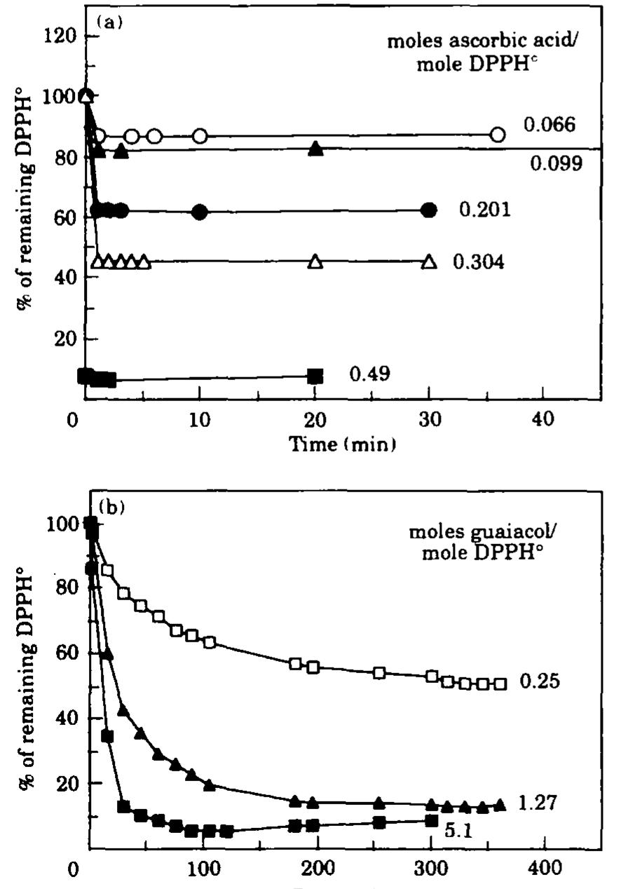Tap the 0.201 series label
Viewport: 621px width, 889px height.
pyautogui.click(x=485, y=210)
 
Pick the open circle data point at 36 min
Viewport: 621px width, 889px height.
pyautogui.click(x=498, y=135)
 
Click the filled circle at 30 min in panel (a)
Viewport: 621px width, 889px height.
pyautogui.click(x=429, y=210)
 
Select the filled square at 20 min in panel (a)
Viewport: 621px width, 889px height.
pyautogui.click(x=315, y=376)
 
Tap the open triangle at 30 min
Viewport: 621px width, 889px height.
pyautogui.click(x=429, y=262)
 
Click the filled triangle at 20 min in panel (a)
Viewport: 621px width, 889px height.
pyautogui.click(x=315, y=148)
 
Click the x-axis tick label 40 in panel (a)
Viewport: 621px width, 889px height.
pyautogui.click(x=543, y=421)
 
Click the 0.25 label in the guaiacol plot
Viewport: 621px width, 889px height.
pyautogui.click(x=539, y=681)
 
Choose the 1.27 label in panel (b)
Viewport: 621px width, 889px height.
pyautogui.click(x=538, y=802)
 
